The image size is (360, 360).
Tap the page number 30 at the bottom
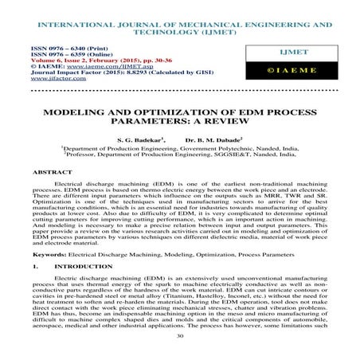tap(179, 336)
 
